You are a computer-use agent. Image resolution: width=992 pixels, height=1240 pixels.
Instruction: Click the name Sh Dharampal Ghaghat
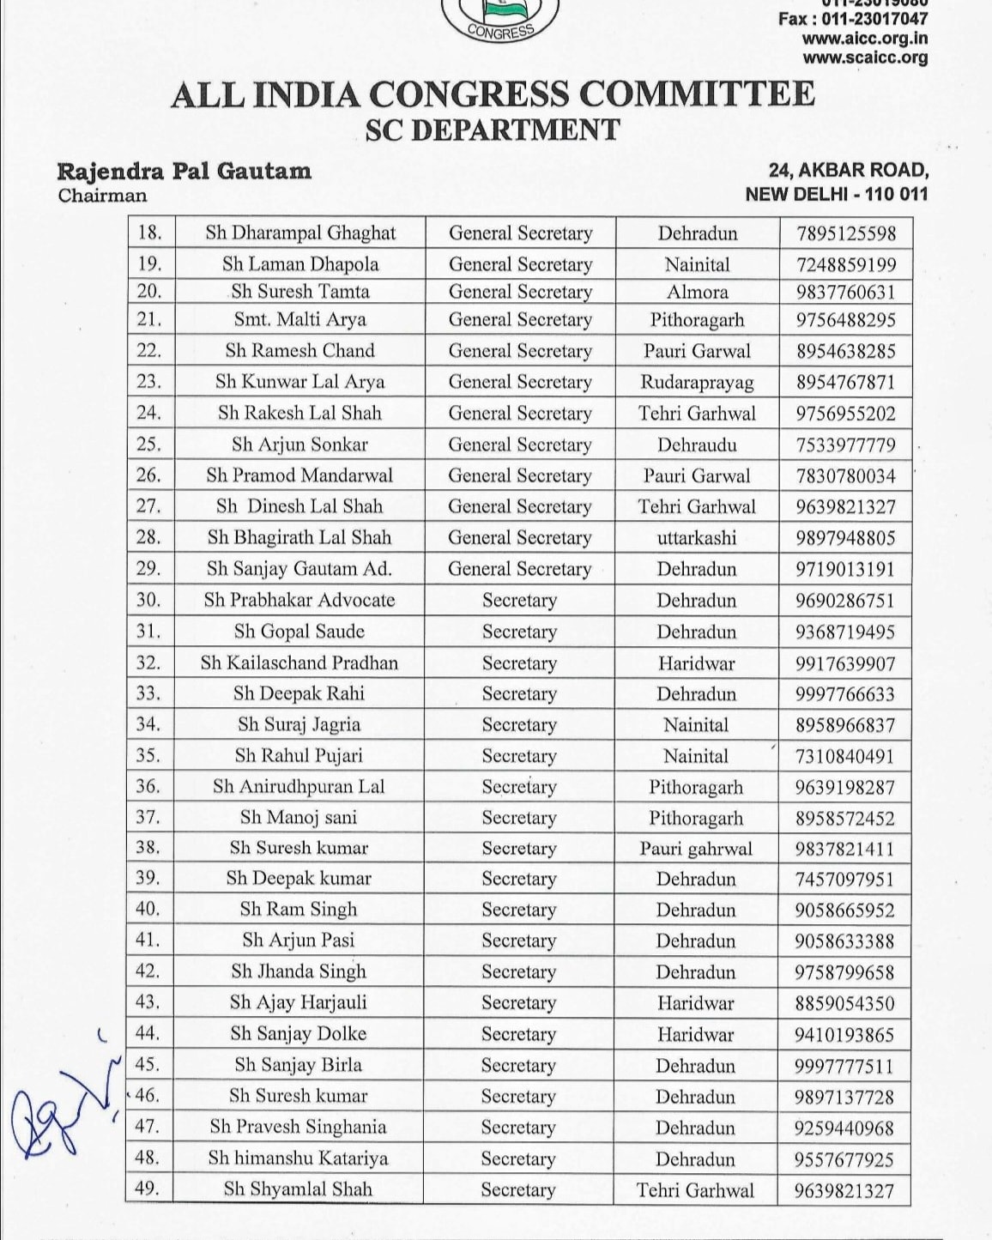point(300,233)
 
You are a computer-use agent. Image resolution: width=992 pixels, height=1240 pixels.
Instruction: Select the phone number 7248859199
point(845,264)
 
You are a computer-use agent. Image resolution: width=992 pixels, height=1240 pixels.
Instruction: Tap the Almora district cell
point(697,292)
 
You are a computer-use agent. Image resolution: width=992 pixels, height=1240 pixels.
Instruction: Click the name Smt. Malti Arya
point(299,320)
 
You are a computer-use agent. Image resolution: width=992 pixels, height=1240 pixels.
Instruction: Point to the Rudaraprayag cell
point(697,382)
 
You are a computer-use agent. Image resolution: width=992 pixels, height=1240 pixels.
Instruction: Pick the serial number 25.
point(149,445)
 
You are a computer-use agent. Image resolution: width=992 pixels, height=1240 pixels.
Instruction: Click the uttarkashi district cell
point(697,538)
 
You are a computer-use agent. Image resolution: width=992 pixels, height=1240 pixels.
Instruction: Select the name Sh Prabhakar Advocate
point(299,600)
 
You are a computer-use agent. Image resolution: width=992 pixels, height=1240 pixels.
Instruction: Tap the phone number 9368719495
point(845,632)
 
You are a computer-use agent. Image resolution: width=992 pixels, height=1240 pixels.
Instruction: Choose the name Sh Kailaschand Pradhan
point(299,662)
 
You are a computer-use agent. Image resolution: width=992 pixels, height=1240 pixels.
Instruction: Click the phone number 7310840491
point(845,756)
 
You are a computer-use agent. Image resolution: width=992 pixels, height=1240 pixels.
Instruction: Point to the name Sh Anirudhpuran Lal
point(299,787)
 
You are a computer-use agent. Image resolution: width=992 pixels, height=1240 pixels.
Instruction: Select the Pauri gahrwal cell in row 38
point(696,849)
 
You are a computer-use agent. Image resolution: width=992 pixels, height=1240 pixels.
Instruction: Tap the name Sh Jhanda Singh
point(299,971)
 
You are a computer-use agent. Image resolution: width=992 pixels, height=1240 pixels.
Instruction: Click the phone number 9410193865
point(844,1034)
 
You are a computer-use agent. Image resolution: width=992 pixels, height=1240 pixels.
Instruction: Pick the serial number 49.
point(148,1189)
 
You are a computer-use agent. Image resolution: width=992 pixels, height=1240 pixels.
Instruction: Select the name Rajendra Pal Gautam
point(184,171)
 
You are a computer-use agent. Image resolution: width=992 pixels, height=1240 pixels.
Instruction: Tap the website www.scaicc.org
point(865,58)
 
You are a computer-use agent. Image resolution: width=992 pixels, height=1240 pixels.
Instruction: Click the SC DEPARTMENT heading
point(492,130)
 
